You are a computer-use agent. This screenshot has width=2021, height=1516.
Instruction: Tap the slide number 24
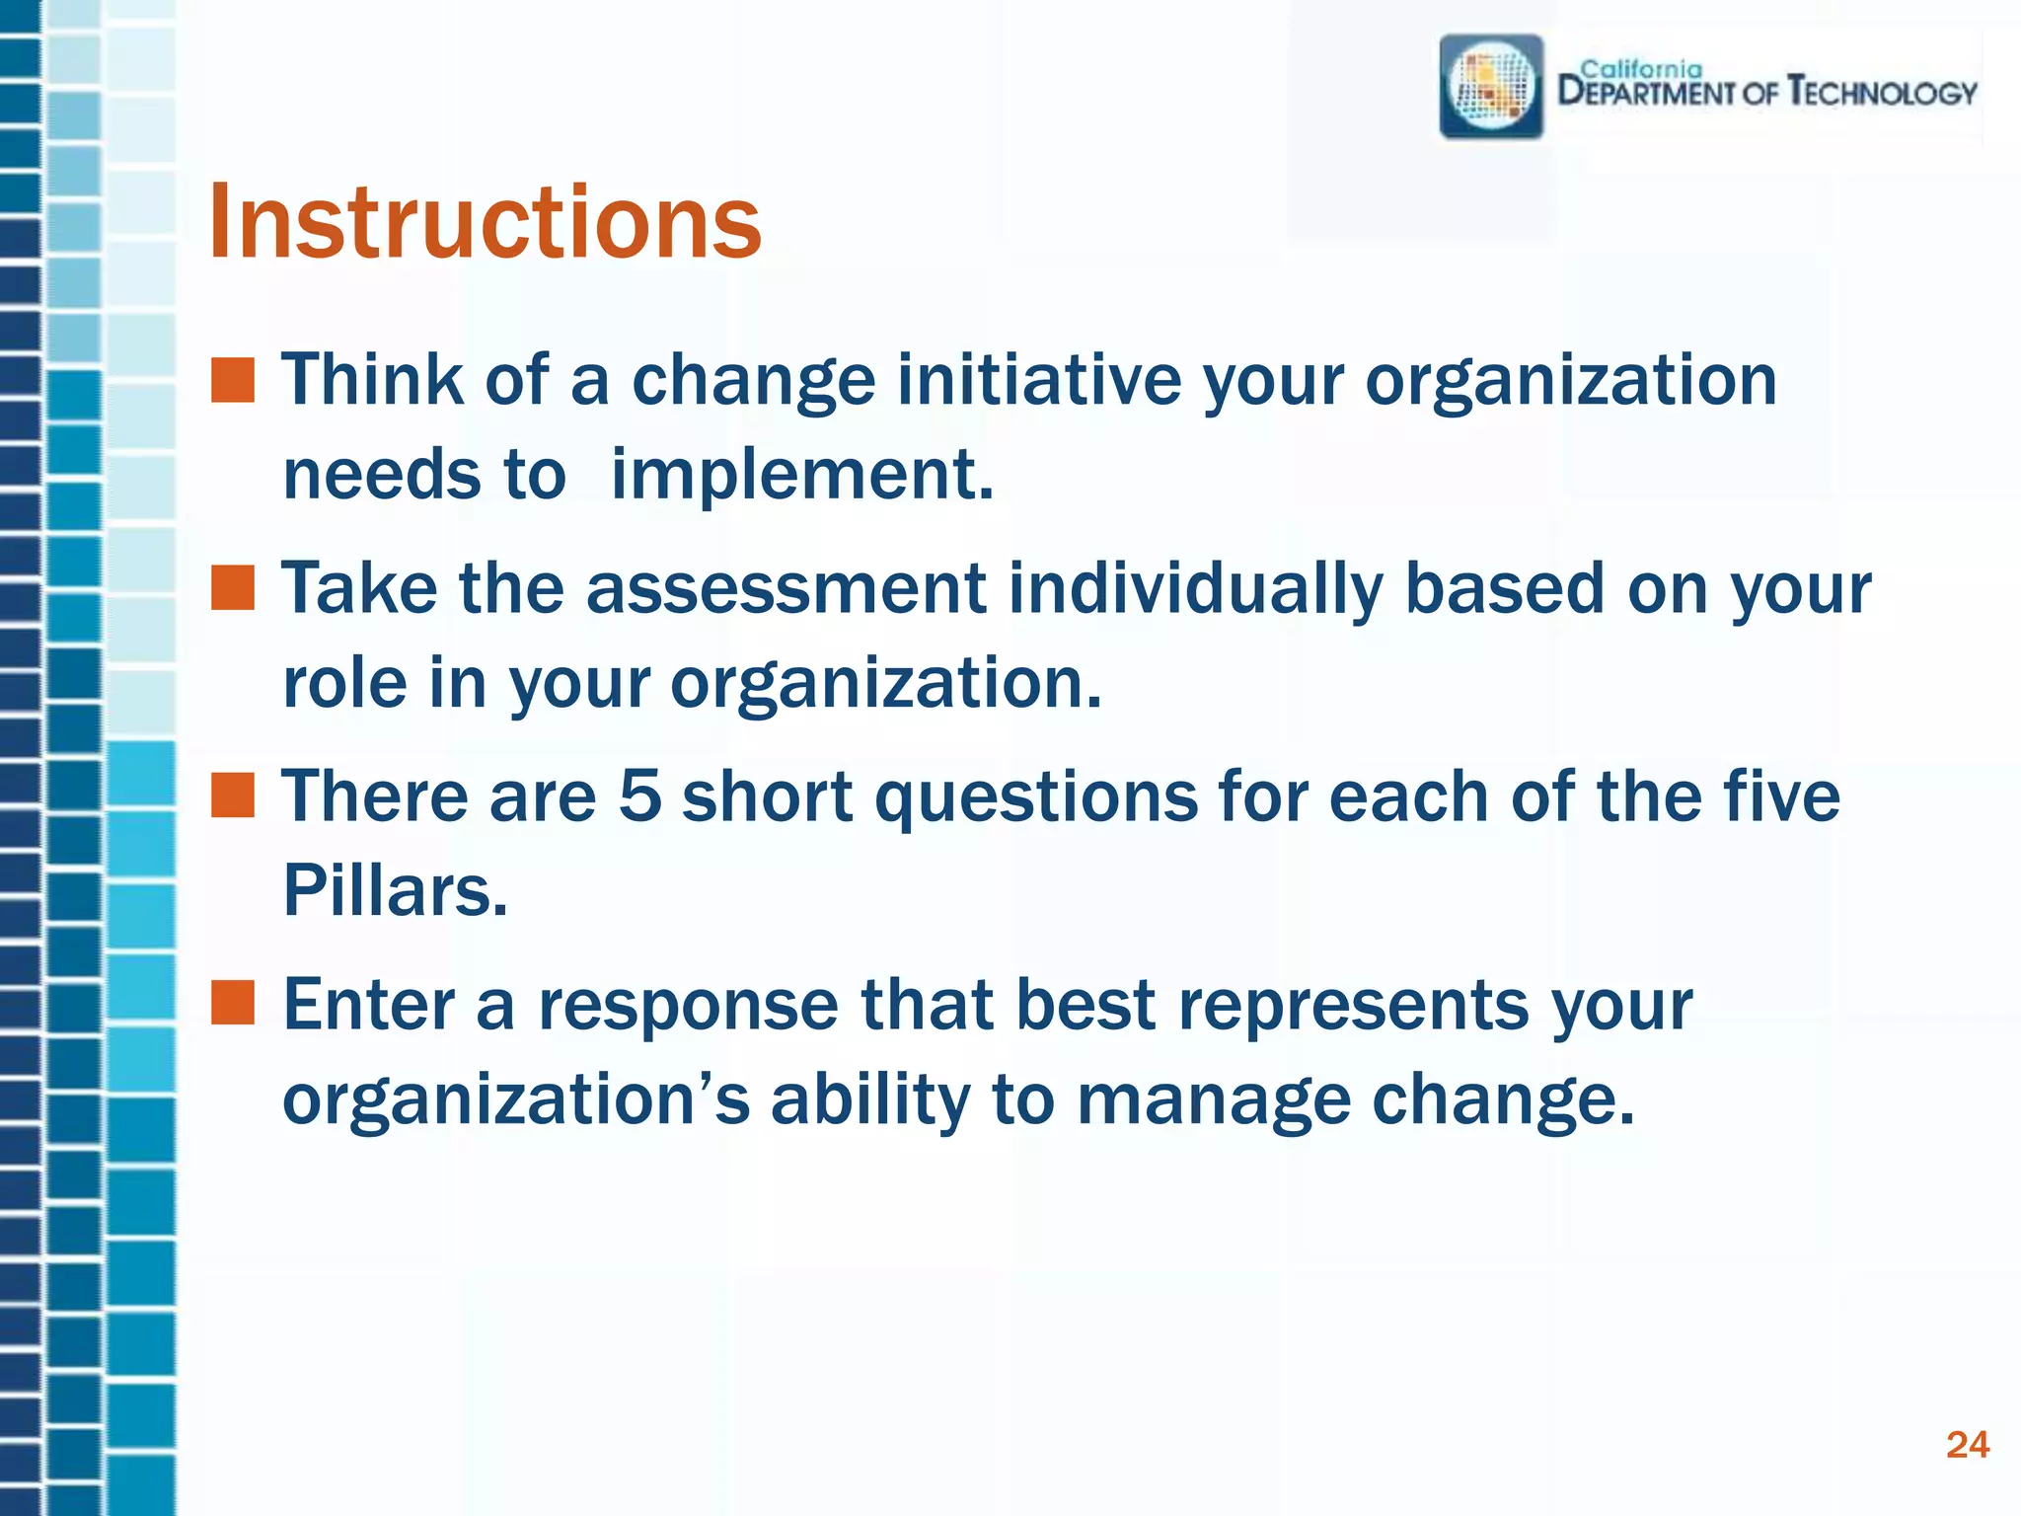[1967, 1445]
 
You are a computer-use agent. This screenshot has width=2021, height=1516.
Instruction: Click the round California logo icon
[1491, 87]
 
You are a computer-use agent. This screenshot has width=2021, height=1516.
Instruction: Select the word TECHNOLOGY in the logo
[1883, 93]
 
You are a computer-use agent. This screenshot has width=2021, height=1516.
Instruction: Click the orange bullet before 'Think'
[233, 381]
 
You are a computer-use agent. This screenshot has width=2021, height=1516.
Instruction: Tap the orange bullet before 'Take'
[233, 588]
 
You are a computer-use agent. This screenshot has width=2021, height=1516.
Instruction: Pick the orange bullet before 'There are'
[233, 796]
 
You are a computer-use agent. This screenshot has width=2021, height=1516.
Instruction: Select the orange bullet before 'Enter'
[233, 1004]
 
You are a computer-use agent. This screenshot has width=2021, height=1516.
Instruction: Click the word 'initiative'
[1038, 380]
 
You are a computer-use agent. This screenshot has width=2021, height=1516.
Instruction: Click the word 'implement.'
[801, 475]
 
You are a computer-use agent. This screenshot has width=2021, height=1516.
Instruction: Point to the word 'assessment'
[786, 588]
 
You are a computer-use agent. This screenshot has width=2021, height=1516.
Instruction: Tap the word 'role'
[343, 682]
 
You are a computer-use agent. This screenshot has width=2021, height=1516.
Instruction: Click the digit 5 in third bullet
[639, 796]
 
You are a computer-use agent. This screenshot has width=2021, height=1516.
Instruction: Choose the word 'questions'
[1036, 797]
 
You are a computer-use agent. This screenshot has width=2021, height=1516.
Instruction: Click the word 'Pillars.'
[395, 890]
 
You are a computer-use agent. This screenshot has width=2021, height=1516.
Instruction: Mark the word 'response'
[688, 1005]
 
